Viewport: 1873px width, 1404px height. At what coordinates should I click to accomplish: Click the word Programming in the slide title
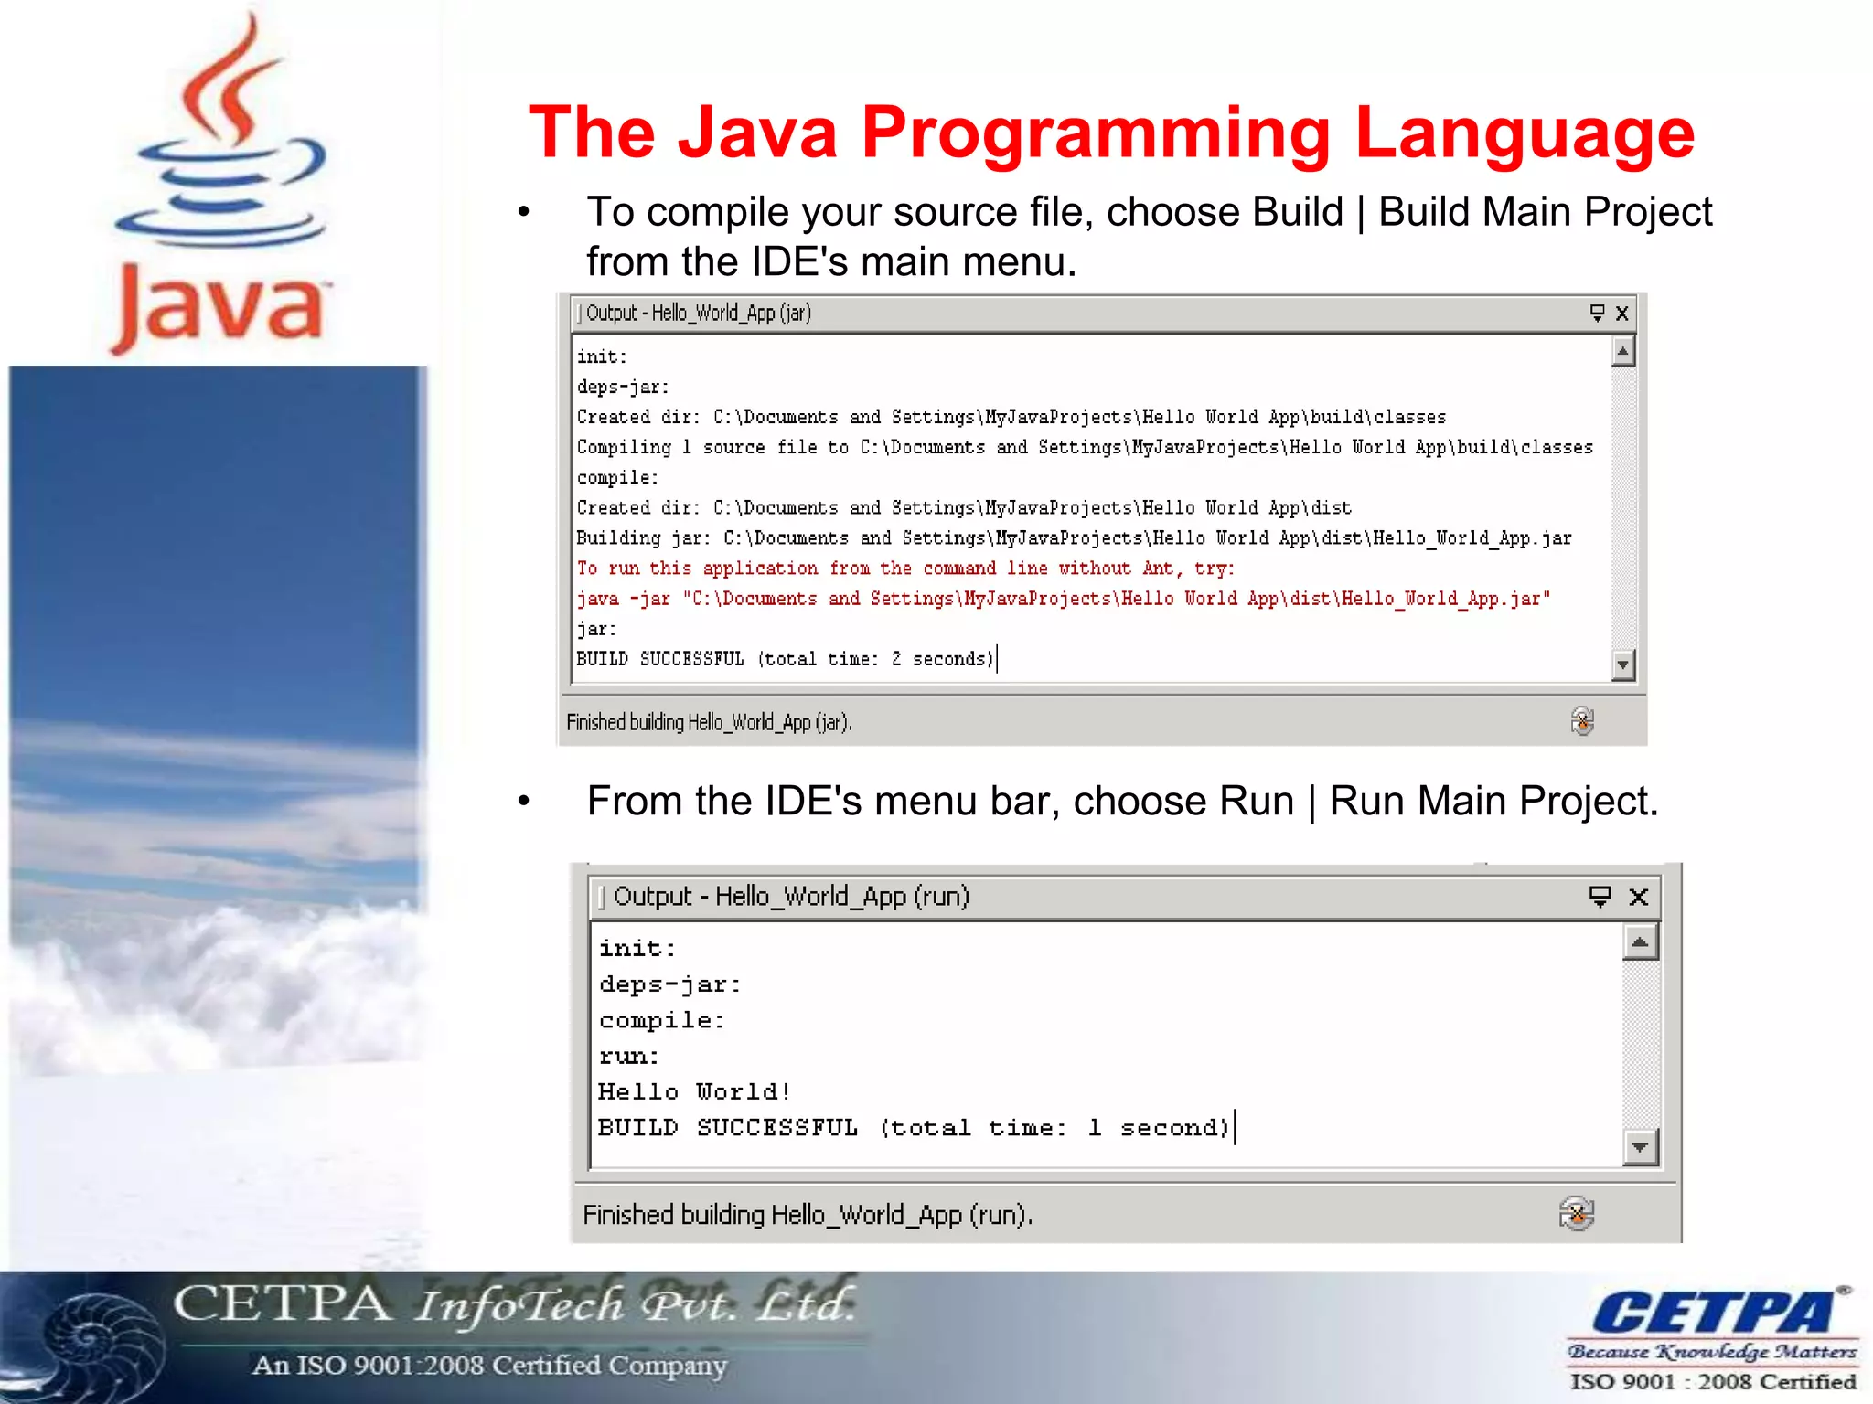1096,133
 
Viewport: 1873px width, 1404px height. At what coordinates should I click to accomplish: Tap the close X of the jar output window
1622,314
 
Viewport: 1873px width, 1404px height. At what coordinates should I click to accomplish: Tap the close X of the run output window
1639,897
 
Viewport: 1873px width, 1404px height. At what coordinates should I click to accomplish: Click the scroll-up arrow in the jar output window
1623,352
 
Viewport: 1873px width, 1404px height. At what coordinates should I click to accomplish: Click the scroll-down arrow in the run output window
1640,1146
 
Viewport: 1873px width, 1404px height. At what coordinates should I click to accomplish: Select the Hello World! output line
694,1091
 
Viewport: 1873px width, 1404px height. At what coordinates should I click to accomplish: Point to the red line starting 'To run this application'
905,569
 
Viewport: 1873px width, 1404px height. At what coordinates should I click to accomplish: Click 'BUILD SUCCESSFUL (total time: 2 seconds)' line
785,659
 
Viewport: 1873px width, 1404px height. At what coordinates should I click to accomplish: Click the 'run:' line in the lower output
629,1057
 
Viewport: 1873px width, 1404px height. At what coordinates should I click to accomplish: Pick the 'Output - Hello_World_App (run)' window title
791,896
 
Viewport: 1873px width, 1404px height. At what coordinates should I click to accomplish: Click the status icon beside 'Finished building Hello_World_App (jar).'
1582,721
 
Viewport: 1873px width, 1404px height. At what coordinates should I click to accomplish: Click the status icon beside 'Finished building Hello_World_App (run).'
1577,1214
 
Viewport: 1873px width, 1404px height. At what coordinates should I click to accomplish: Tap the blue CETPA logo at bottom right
1712,1313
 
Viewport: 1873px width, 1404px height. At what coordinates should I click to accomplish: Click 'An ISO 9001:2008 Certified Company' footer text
489,1365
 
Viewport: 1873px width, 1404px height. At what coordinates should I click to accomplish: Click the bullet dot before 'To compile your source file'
524,212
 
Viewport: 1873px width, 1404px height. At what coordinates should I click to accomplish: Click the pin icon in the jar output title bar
1597,314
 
